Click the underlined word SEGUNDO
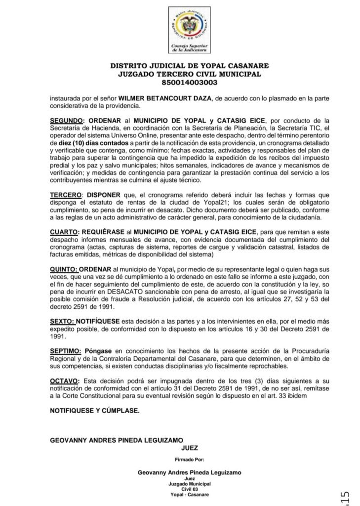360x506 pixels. tap(66, 121)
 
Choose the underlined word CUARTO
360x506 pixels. tap(64, 231)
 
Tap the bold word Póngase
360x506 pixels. tap(98, 350)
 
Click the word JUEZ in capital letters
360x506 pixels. tap(190, 448)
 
